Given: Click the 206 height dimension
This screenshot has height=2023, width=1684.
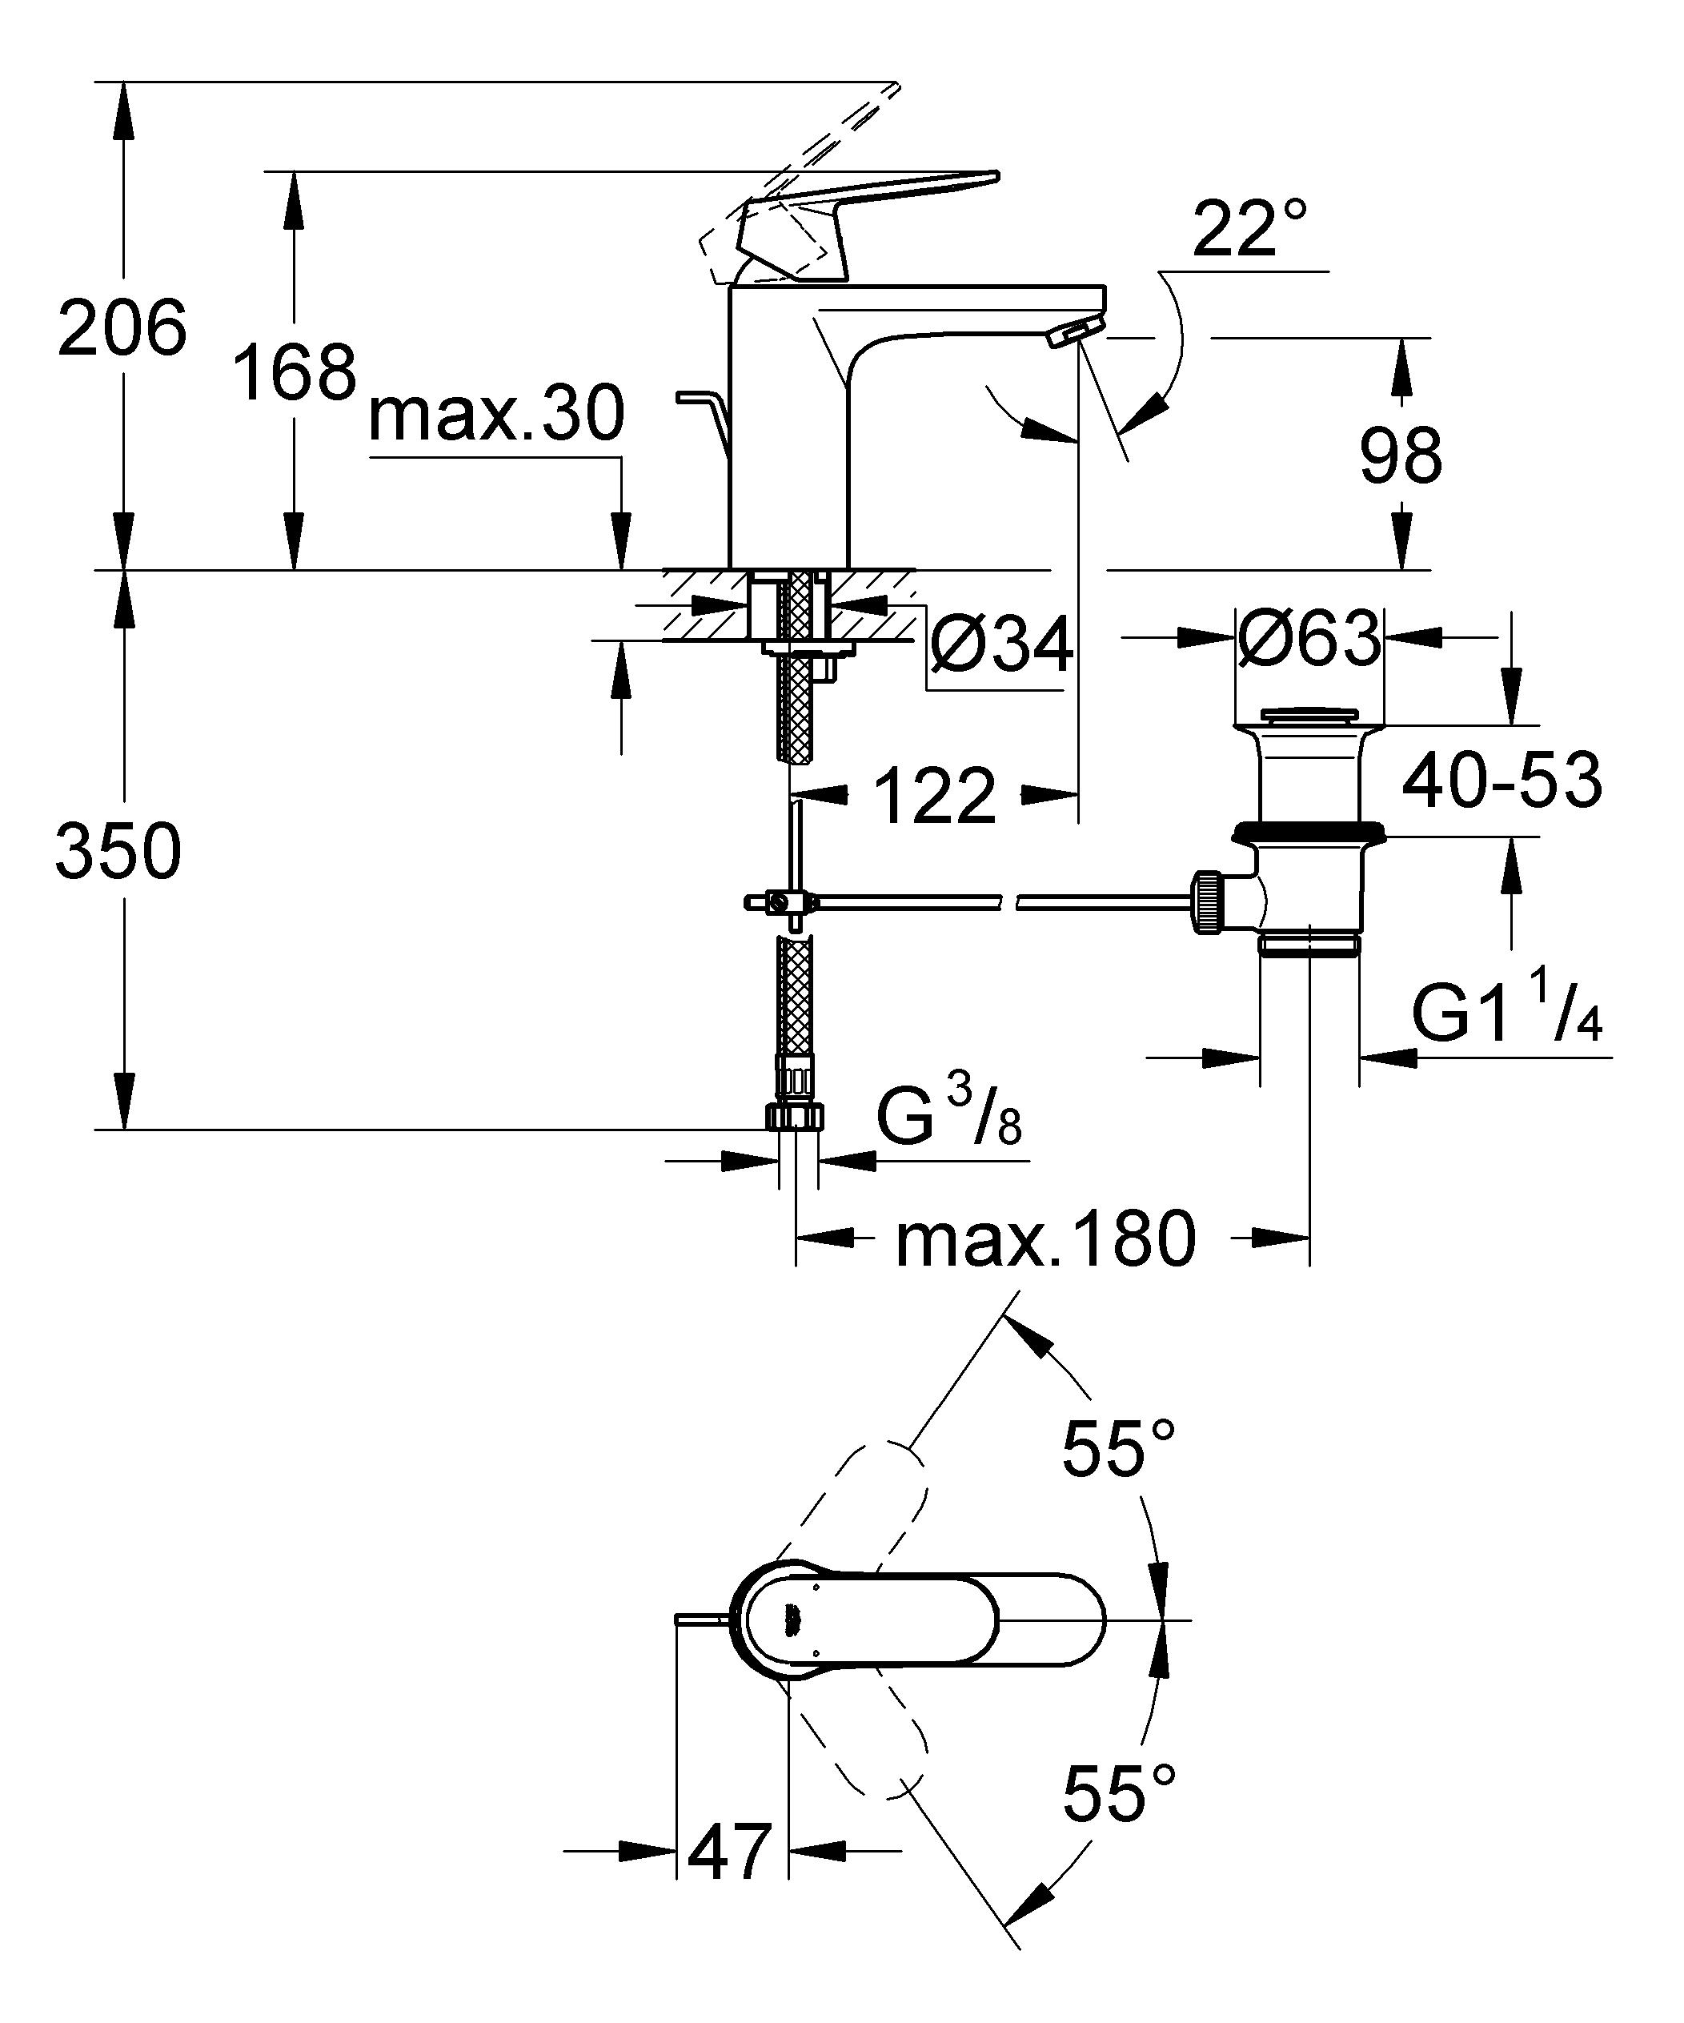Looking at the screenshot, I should (122, 328).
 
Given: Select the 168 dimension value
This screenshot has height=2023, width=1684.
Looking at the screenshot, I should (295, 373).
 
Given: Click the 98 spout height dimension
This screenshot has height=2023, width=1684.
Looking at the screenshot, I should (1401, 456).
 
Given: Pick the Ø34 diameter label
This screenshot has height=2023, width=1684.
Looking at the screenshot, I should (1001, 645).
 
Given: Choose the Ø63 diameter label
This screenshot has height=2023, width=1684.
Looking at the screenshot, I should (1309, 638).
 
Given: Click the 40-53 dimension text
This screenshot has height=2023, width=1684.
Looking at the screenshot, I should (1501, 781).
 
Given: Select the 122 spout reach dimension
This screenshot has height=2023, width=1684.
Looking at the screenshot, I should (935, 797).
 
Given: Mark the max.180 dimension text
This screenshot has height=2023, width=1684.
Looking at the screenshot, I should (1045, 1241).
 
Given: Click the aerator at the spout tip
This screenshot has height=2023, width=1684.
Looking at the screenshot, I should (1069, 335).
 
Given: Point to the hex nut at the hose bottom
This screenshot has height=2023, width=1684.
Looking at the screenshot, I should (796, 1117).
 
